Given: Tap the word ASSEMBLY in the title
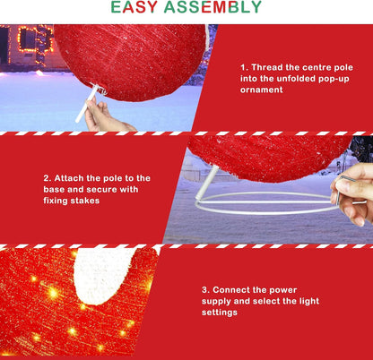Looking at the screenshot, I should coord(215,8).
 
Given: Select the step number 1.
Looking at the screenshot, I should coord(242,67).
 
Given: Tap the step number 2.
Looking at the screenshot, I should coord(47,177).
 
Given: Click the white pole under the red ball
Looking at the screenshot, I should coord(87,108).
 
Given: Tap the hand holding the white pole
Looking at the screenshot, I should coord(108,116).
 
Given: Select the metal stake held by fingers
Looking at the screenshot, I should coord(339,187).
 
